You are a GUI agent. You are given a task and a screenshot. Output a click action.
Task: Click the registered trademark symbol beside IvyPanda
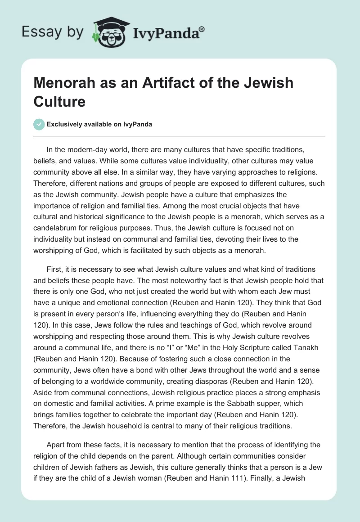click(x=202, y=28)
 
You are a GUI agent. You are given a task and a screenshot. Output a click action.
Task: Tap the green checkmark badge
click(x=39, y=124)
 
